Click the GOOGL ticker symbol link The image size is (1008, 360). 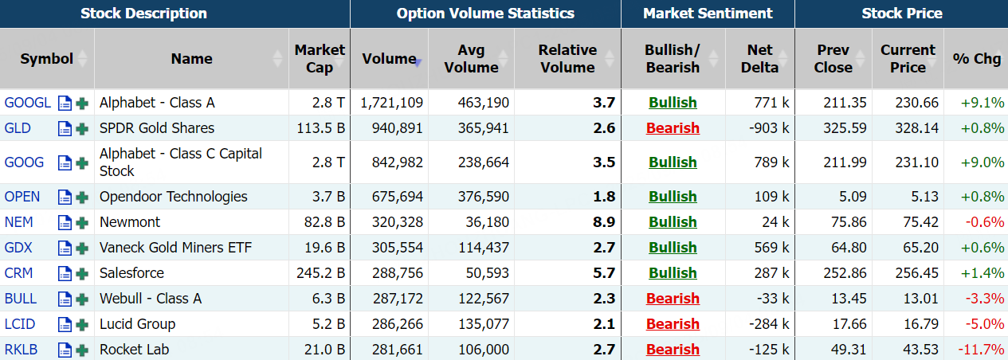(27, 103)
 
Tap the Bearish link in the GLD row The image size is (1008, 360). (673, 128)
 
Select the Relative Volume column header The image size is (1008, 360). (567, 59)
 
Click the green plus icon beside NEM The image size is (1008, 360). (81, 223)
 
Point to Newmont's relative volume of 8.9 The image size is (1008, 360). (604, 222)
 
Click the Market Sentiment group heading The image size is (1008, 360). (708, 14)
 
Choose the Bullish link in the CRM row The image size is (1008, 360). (673, 273)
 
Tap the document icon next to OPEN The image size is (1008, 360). (65, 198)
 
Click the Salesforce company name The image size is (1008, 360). (131, 273)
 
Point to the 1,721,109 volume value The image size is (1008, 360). (391, 103)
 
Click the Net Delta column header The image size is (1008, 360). (759, 59)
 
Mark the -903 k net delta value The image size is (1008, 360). (767, 128)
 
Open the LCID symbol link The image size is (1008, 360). (20, 324)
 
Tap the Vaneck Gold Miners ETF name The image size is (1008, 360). (175, 248)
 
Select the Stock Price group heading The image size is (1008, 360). (901, 14)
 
